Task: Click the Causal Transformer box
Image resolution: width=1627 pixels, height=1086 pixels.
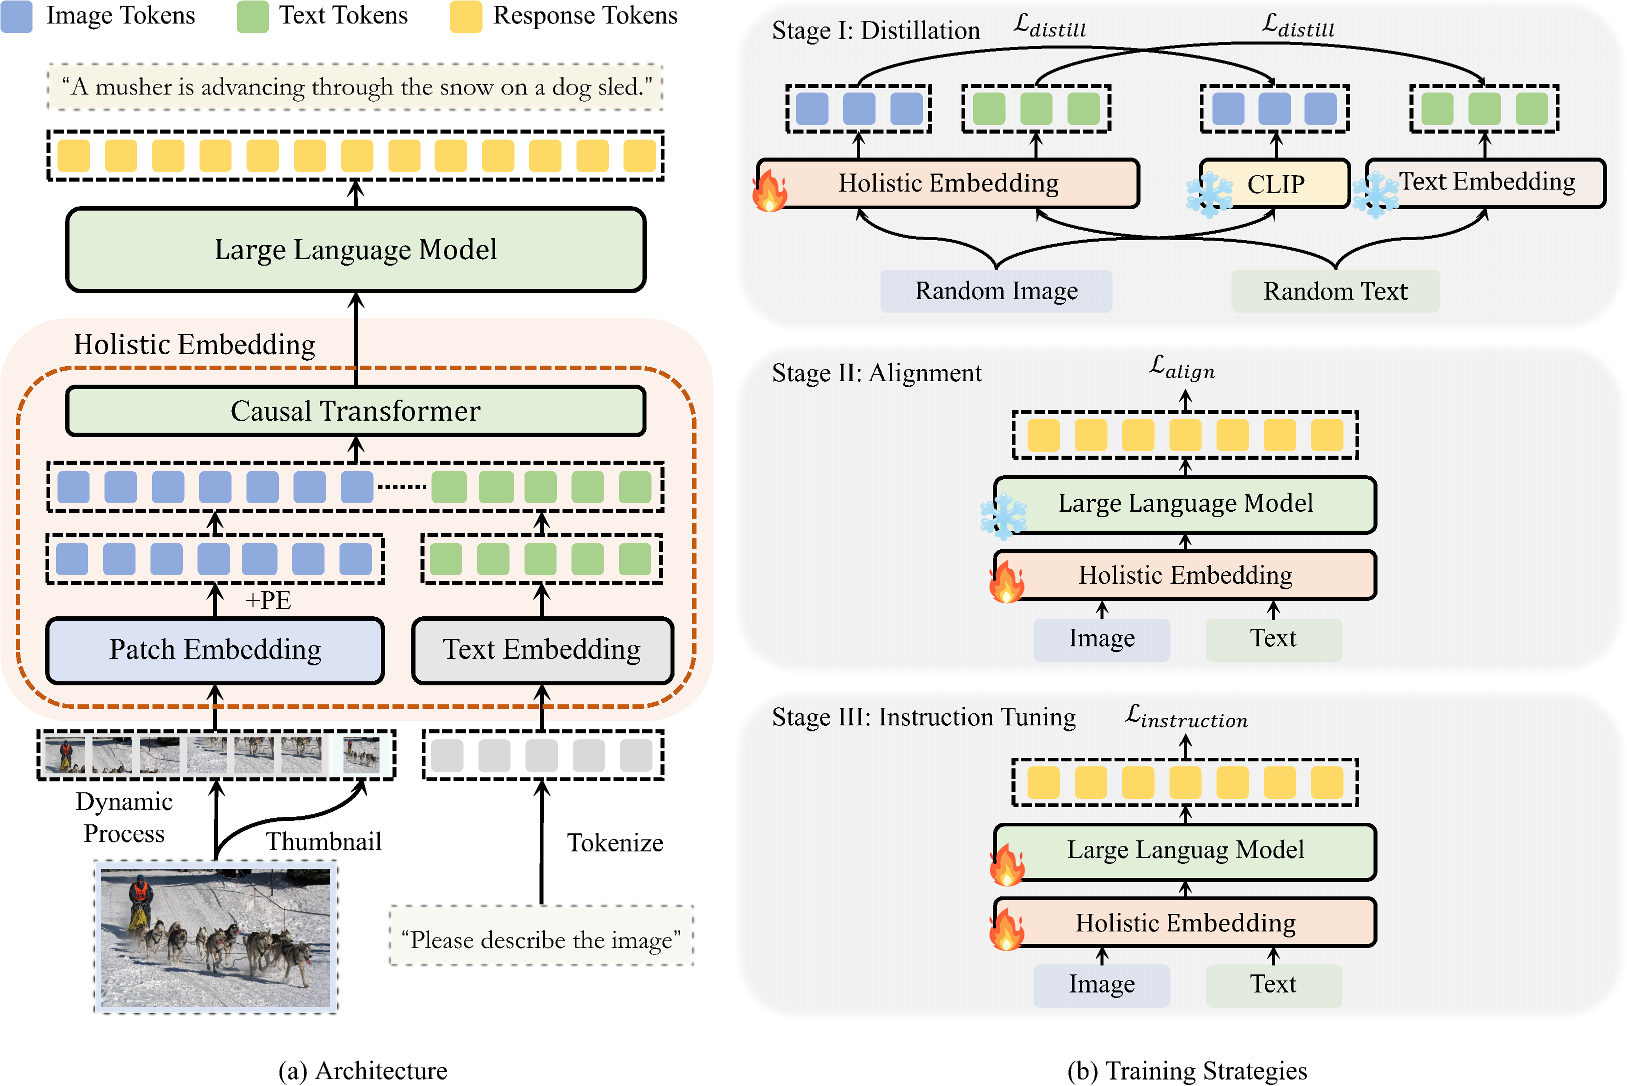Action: [x=355, y=411]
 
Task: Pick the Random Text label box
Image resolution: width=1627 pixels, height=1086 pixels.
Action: [x=1335, y=291]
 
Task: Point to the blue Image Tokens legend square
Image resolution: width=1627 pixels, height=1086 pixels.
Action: [x=16, y=17]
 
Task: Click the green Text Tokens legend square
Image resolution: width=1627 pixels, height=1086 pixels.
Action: [x=252, y=17]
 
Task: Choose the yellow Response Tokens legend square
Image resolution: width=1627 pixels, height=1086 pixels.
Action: [x=465, y=17]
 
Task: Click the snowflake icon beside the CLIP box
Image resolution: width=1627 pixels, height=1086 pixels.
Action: [x=1209, y=195]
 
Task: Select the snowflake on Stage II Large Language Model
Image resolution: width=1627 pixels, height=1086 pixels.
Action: [x=1003, y=517]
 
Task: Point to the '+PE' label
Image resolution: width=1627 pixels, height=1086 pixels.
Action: [x=268, y=600]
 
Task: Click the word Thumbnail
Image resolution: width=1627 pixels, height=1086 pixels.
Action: [x=323, y=841]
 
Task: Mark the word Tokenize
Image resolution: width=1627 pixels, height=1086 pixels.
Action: [x=615, y=843]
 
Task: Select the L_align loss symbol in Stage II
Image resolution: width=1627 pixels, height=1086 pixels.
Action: [x=1182, y=368]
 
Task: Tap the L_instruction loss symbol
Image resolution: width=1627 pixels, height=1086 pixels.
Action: [x=1186, y=717]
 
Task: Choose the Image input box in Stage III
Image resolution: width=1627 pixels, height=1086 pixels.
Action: [x=1101, y=984]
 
